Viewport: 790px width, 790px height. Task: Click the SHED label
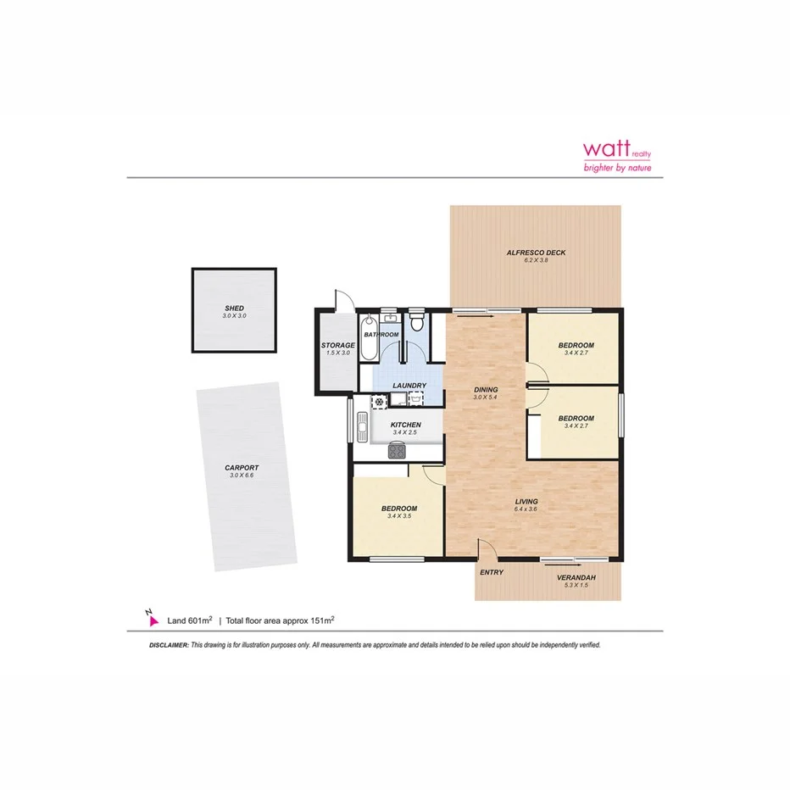[x=234, y=308]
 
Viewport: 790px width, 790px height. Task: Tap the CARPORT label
[x=242, y=468]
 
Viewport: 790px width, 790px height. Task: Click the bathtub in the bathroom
[x=368, y=336]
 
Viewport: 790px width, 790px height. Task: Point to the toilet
[x=416, y=323]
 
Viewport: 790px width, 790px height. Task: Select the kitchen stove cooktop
[x=397, y=451]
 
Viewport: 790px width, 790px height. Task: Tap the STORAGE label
[x=337, y=345]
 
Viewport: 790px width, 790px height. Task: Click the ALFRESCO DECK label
[x=536, y=253]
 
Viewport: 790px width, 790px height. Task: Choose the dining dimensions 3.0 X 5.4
[x=486, y=398]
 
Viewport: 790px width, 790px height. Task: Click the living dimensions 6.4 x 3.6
[x=526, y=509]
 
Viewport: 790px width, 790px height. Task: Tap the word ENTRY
[x=492, y=573]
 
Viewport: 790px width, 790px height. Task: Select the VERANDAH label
[x=576, y=578]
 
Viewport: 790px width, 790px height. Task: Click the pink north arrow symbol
[x=152, y=620]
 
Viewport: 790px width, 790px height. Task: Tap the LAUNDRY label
[x=409, y=387]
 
